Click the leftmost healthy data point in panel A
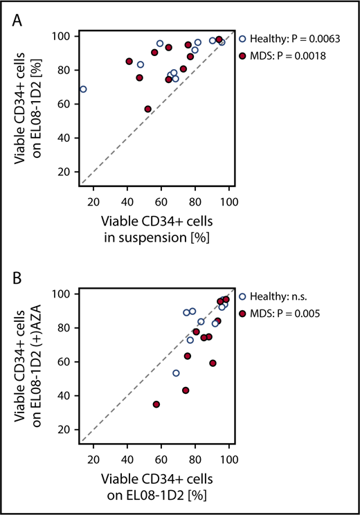(x=83, y=89)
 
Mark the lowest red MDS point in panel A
(x=147, y=109)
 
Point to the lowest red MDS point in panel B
(x=156, y=404)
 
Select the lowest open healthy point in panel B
(x=176, y=373)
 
